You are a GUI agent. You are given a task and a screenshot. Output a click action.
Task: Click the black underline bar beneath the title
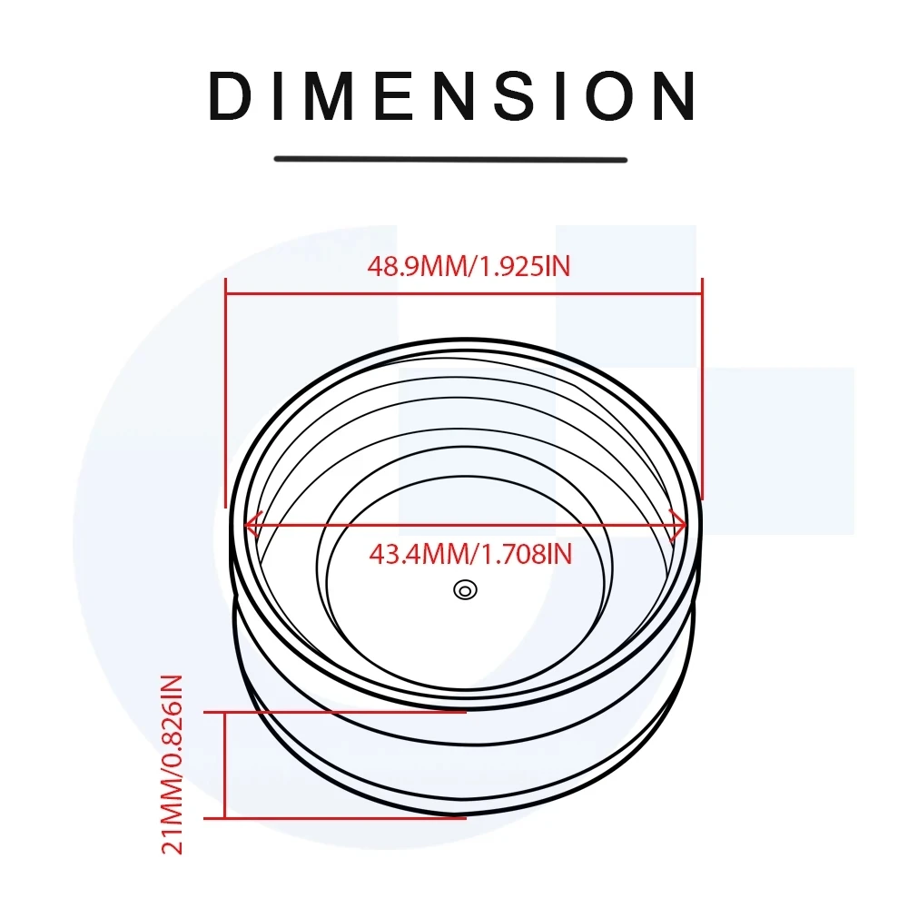451,159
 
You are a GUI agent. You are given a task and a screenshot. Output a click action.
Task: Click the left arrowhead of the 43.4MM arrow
251,524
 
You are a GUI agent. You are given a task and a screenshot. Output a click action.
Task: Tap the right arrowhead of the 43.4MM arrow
677,524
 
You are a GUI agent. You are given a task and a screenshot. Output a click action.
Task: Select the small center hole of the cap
465,590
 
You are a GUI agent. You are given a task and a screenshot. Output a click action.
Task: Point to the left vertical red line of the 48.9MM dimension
225,400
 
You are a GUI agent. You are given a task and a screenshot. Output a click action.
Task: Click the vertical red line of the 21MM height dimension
225,765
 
